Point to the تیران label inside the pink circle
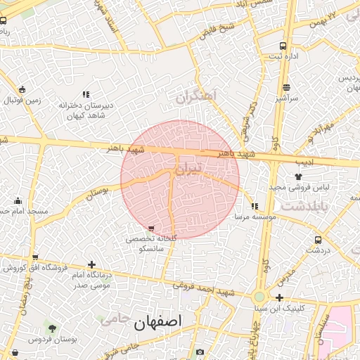click(x=188, y=168)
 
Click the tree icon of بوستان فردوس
click(x=51, y=328)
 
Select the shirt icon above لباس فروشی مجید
click(x=299, y=178)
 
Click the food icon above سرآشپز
click(x=286, y=88)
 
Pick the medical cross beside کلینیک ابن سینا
click(x=280, y=297)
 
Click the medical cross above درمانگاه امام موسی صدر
click(x=91, y=264)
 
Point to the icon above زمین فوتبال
click(x=23, y=89)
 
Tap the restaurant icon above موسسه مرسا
click(x=255, y=206)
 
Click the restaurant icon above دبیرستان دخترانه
click(x=86, y=94)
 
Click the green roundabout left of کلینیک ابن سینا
click(x=259, y=297)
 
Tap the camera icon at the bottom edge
click(x=200, y=352)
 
